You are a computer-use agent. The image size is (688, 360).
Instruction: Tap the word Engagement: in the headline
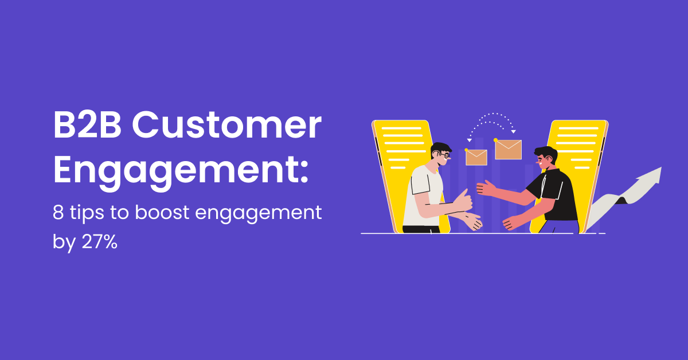click(x=181, y=170)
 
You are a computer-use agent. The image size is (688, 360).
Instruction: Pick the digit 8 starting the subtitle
click(x=58, y=214)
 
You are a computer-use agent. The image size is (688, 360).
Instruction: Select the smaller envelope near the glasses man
click(x=476, y=157)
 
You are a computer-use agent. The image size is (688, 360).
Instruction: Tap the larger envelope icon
click(x=508, y=149)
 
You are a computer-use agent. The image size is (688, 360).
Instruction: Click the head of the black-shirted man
click(x=545, y=159)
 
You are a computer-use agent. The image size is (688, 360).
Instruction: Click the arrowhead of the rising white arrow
click(x=654, y=174)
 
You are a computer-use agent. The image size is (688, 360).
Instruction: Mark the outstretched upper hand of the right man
click(x=486, y=189)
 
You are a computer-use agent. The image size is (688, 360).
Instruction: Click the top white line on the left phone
click(x=401, y=129)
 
